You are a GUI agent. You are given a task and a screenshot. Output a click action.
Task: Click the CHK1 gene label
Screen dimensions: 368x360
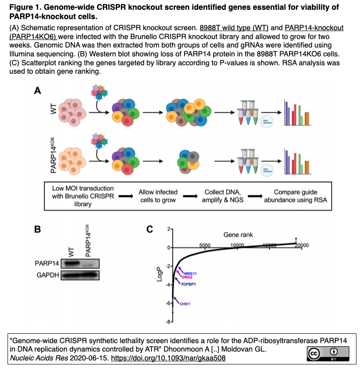tap(185, 304)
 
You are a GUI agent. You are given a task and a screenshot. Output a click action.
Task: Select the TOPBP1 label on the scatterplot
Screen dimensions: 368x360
tap(189, 284)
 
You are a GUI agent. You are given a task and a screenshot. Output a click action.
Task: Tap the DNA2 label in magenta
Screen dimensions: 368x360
tap(187, 277)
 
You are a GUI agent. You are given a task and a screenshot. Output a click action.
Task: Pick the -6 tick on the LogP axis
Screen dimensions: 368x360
tap(167, 303)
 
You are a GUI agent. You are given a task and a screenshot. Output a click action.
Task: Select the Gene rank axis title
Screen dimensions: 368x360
tap(238, 235)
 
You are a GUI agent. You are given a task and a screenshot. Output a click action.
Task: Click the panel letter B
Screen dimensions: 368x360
tap(38, 229)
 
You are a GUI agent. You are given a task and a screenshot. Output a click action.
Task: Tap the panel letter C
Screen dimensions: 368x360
tap(150, 229)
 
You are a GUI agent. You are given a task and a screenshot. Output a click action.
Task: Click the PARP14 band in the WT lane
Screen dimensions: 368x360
tap(70, 264)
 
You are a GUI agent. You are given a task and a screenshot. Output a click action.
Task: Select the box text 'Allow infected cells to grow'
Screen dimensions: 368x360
tap(158, 196)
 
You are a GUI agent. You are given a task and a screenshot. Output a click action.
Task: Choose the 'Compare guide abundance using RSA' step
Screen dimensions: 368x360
tap(295, 196)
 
